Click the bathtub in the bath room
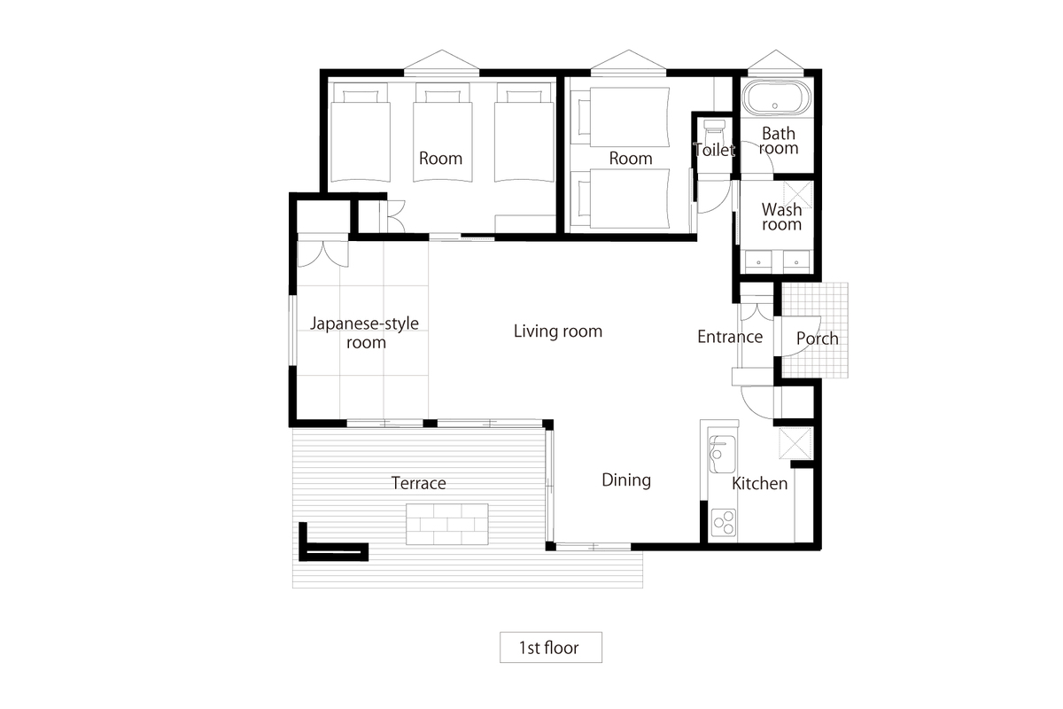point(775,97)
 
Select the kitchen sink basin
point(721,455)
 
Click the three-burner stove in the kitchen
point(724,523)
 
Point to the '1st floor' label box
point(550,647)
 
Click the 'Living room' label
point(557,331)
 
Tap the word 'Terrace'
point(418,483)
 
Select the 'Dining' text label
point(626,480)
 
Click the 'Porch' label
point(817,339)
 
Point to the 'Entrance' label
point(730,337)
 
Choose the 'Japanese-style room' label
point(364,332)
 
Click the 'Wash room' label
point(781,216)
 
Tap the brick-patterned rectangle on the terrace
point(447,524)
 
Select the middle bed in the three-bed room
point(443,133)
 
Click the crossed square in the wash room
point(798,195)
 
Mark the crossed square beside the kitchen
point(795,443)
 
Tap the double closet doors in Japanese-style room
point(322,254)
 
